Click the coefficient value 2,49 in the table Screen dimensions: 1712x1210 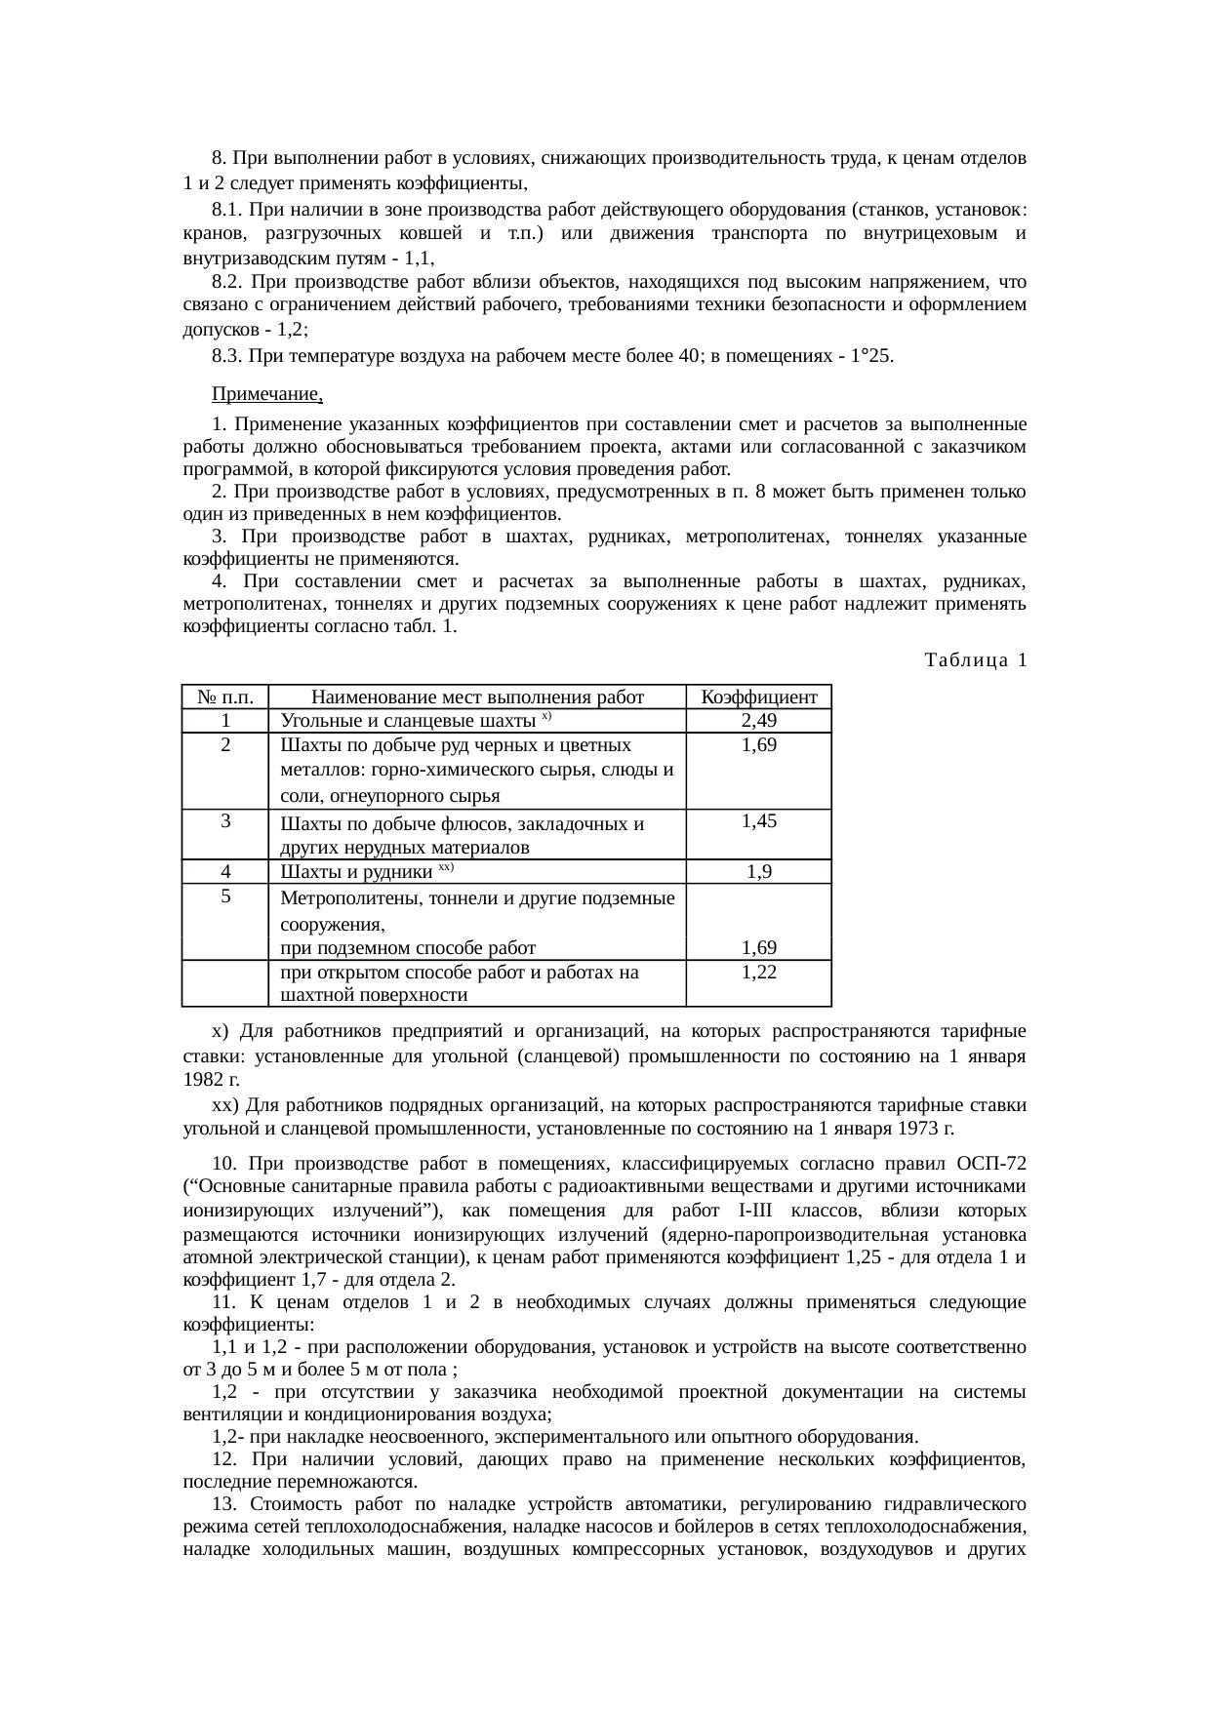coord(758,721)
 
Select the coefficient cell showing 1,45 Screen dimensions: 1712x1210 coord(758,821)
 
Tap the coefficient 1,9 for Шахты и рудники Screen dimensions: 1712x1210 coord(759,871)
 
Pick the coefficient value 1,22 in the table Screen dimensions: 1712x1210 coord(758,972)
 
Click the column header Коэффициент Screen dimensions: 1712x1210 coord(758,697)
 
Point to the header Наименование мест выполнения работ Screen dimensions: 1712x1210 coord(477,697)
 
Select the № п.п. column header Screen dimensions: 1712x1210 coord(225,697)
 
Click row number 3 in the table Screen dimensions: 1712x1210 coord(225,820)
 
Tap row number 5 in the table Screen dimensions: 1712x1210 coord(225,896)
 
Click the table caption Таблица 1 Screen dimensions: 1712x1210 coord(975,660)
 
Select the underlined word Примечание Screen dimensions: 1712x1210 coord(266,395)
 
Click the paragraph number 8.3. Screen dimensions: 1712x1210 coord(226,356)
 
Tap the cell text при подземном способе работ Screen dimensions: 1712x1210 coord(407,947)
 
